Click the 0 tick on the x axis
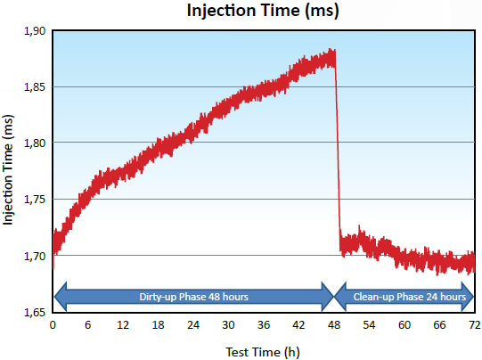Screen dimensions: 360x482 (53, 325)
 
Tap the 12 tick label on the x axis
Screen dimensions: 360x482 (123, 325)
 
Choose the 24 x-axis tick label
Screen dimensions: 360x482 (193, 325)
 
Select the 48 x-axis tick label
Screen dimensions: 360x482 (333, 325)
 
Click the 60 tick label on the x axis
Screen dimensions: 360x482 (404, 325)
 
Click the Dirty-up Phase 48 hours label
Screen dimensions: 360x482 (193, 297)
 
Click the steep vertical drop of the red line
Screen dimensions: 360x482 (338, 151)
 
